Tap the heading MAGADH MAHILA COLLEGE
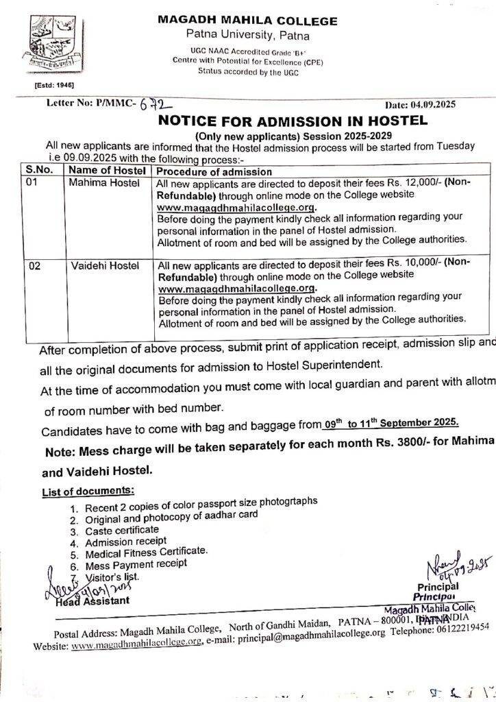247,21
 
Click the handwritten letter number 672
152,106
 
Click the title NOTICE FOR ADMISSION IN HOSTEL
293,122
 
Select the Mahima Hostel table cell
105,183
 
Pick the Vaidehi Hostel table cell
105,265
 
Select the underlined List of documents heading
88,492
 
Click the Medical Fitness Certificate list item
146,552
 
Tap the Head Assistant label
91,601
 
